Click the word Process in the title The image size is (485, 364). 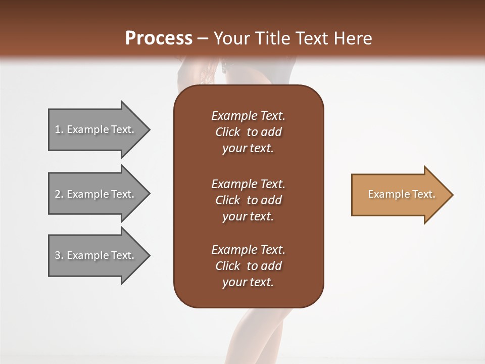pos(159,38)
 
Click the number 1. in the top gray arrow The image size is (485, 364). pos(59,129)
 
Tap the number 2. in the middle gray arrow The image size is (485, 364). pos(59,194)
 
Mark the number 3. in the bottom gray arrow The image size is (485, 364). pos(59,255)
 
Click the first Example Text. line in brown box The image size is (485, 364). pos(248,116)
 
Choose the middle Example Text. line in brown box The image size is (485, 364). pos(248,184)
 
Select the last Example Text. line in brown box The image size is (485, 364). pos(248,250)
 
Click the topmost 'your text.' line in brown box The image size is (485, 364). pos(248,149)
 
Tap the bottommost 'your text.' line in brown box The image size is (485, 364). pos(248,283)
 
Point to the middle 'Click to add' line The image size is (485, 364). pos(248,200)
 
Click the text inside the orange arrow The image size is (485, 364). pos(401,194)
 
